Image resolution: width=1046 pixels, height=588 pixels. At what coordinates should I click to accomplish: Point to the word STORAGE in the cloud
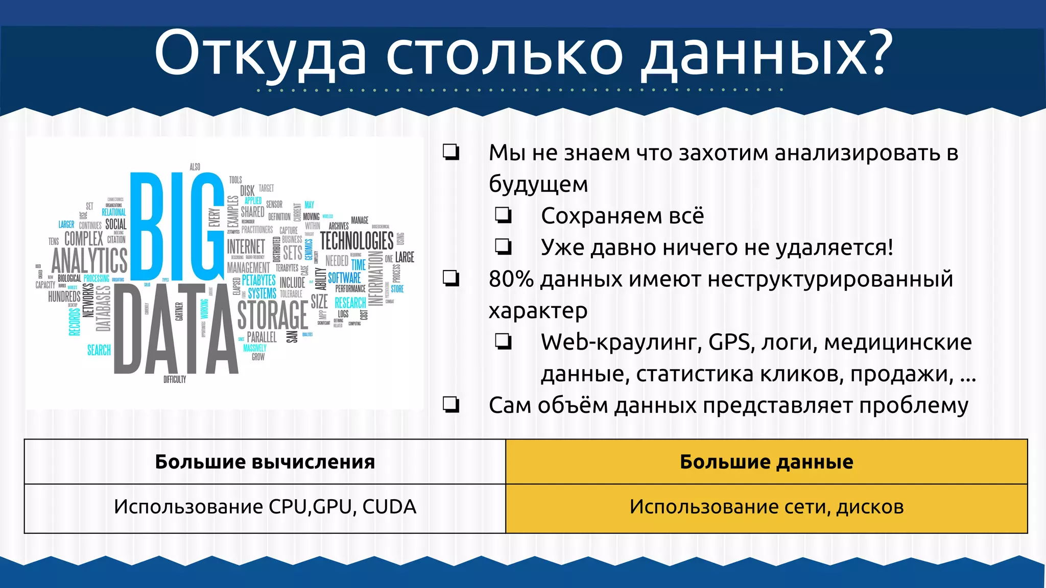click(x=273, y=315)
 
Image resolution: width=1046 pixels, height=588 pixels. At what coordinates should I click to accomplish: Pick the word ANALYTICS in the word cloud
click(x=89, y=260)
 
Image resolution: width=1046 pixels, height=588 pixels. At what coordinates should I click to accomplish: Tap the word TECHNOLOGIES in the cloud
click(x=356, y=240)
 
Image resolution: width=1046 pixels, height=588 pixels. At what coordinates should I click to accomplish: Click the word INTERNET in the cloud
click(x=246, y=247)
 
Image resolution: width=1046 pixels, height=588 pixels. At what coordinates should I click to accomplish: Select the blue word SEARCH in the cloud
click(x=99, y=350)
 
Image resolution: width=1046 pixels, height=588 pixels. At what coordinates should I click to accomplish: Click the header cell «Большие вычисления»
click(x=265, y=462)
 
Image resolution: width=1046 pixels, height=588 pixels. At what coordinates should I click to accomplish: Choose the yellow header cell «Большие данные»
click(x=766, y=462)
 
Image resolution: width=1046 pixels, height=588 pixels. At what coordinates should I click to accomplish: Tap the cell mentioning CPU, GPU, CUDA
click(x=265, y=507)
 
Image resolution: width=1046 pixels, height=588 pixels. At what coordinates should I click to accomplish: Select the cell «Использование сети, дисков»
click(x=766, y=507)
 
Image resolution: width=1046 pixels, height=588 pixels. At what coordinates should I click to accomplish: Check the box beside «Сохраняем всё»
click(x=503, y=215)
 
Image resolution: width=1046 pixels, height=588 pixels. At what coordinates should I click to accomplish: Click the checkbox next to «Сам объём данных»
click(x=451, y=404)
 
